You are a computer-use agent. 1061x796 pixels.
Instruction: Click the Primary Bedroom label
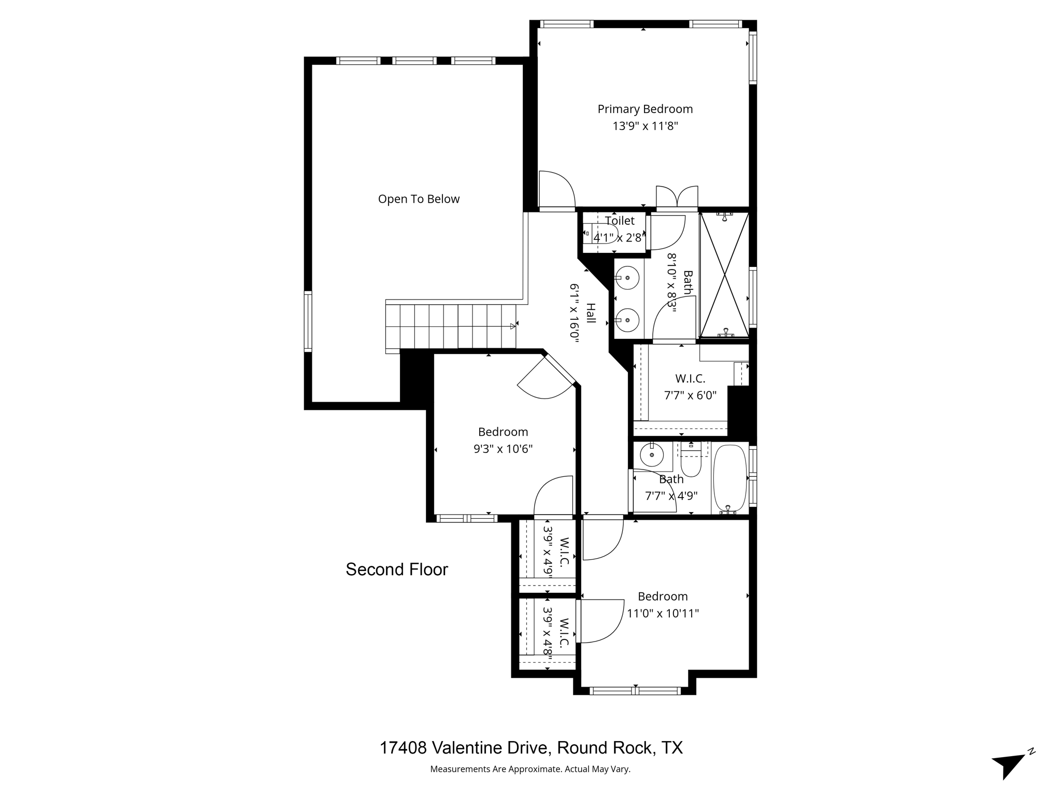[x=645, y=109]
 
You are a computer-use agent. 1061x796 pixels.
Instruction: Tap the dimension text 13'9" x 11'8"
[x=645, y=126]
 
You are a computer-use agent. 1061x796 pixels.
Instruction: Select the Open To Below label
[x=419, y=199]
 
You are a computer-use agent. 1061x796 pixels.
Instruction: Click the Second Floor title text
[x=396, y=570]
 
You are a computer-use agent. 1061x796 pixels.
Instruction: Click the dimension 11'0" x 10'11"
[x=663, y=614]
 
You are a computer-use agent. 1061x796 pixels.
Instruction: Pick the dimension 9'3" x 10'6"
[x=503, y=449]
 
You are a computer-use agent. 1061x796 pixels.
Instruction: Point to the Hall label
[x=591, y=314]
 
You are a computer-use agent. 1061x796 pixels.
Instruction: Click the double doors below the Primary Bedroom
[x=677, y=197]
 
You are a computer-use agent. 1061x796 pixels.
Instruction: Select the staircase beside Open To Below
[x=451, y=326]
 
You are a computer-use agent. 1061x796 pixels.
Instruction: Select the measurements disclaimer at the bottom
[x=530, y=769]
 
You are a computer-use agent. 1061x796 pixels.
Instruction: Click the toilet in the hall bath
[x=691, y=460]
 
